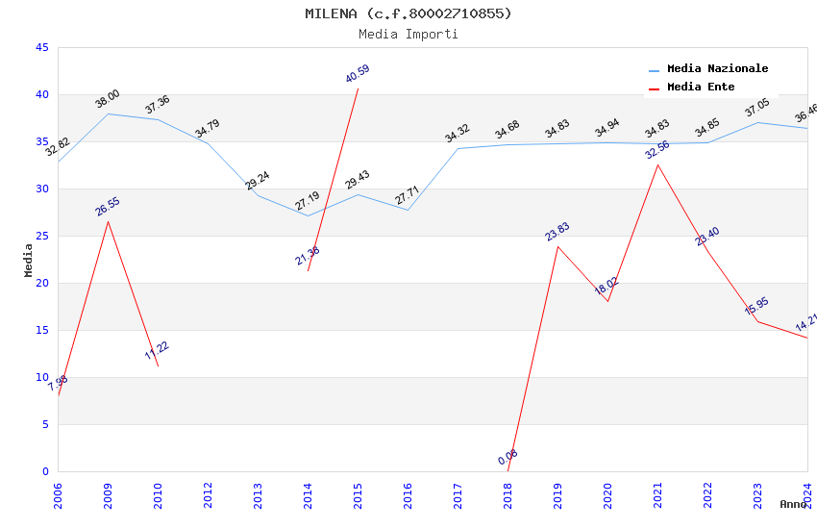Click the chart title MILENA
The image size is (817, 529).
coord(408,13)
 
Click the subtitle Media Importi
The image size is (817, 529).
coord(408,34)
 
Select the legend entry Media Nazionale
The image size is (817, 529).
coord(717,69)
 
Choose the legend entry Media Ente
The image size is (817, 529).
coord(701,88)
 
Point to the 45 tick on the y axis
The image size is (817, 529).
coord(41,47)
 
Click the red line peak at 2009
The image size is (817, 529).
coord(108,221)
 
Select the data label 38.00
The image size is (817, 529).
coord(108,99)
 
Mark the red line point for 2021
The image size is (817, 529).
coord(657,164)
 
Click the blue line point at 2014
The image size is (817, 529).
coord(308,215)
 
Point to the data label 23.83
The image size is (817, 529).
coord(557,232)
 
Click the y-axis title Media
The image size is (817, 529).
coord(29,260)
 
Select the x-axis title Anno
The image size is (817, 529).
coord(793,504)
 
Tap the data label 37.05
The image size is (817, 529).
coord(757,108)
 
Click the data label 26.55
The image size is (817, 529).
coord(108,207)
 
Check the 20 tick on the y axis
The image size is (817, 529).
coord(41,283)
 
